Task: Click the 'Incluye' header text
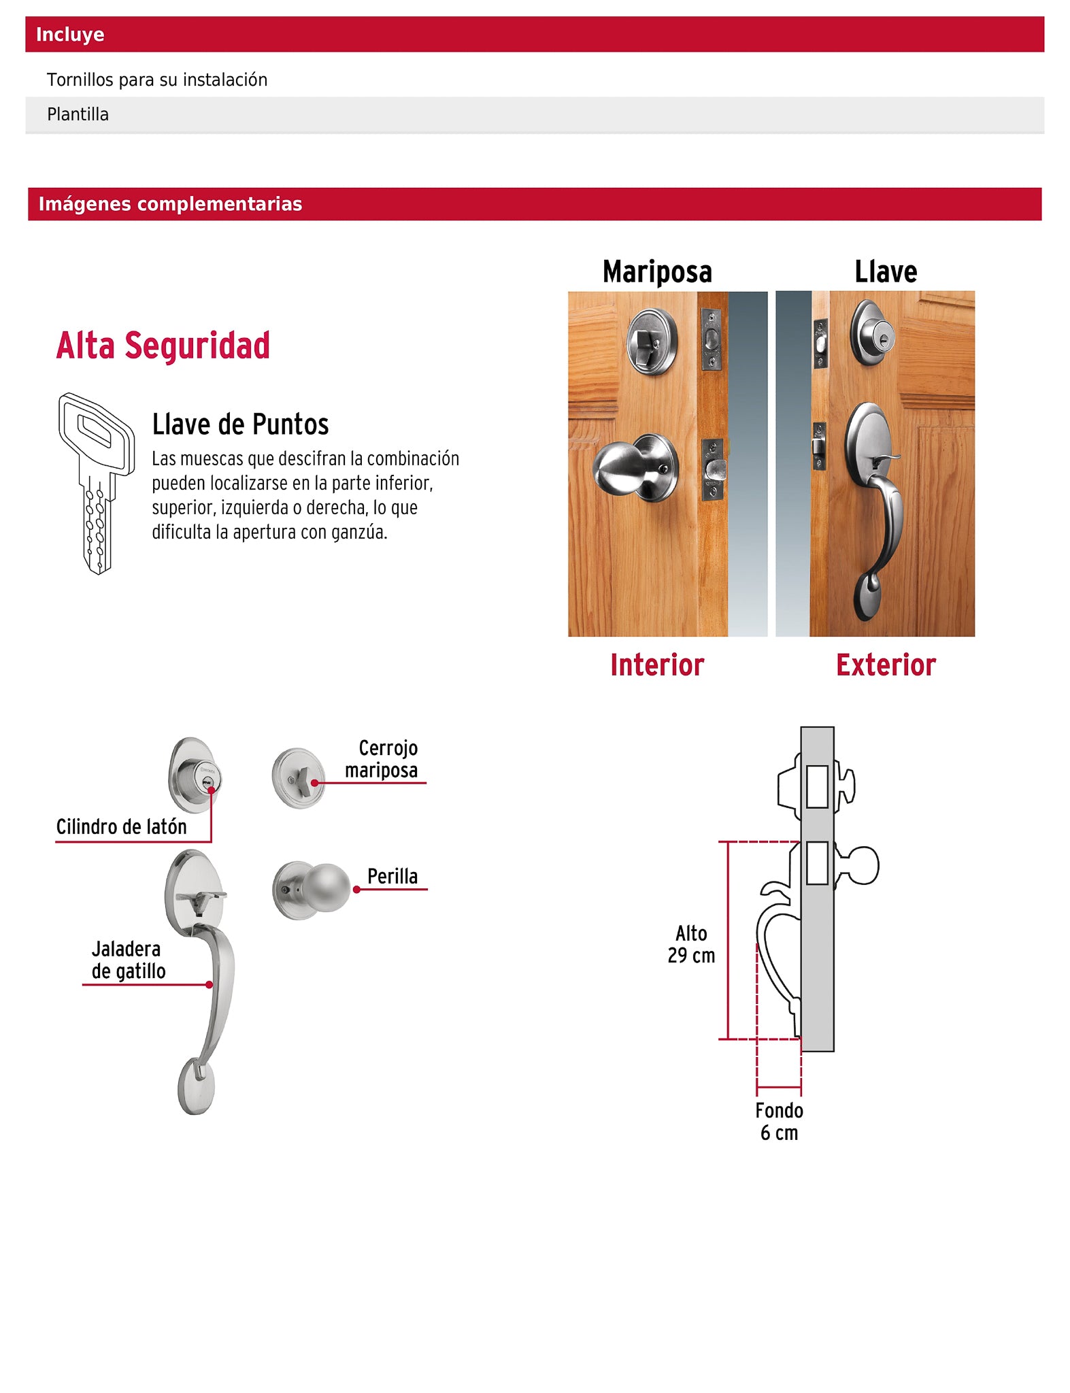coord(70,35)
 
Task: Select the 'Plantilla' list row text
coord(78,114)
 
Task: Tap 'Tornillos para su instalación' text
coord(157,80)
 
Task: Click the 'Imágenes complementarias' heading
coord(170,204)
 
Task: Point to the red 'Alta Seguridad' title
coord(163,346)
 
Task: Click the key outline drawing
coord(96,483)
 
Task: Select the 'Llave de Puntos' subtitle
coord(240,424)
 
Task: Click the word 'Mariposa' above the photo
coord(657,271)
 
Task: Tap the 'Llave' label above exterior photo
coord(886,271)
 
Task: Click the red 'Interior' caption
coord(657,665)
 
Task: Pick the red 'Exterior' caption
coord(886,665)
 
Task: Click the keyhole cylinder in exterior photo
coord(873,333)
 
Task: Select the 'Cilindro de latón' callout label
coord(121,827)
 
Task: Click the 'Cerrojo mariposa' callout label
coord(382,759)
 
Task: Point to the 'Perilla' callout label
coord(392,876)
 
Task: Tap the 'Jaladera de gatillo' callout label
coord(128,960)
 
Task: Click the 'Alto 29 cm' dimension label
coord(691,944)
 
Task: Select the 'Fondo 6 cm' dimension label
coord(779,1122)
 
